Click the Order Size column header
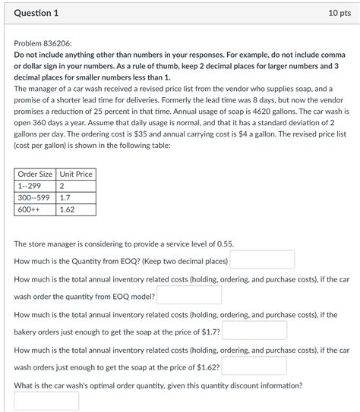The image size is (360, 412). click(x=35, y=174)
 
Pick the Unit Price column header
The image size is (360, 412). click(x=76, y=174)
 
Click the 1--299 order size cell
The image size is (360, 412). click(x=30, y=186)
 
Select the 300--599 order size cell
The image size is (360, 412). click(x=33, y=197)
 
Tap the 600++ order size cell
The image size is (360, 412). click(x=28, y=209)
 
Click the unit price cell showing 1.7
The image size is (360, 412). click(x=65, y=197)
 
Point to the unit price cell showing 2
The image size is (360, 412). click(x=62, y=186)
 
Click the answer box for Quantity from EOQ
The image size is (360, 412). click(x=262, y=260)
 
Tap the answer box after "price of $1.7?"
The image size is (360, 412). click(x=254, y=331)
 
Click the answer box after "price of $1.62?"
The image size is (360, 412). click(x=254, y=366)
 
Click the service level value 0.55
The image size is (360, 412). click(x=224, y=244)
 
